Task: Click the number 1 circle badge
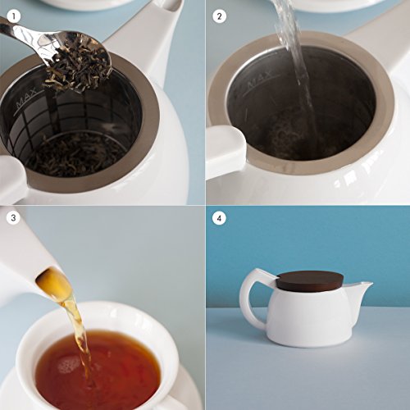click(13, 16)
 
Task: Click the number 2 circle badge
click(219, 16)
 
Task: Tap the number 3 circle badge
click(13, 218)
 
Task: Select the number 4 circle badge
click(219, 218)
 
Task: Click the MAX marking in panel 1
click(26, 98)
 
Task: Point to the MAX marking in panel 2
click(260, 79)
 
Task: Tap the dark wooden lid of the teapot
click(310, 280)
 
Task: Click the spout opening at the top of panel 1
click(171, 6)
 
